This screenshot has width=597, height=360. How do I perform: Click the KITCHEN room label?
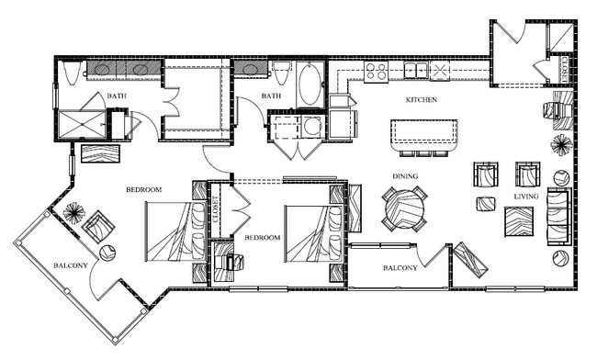(x=422, y=99)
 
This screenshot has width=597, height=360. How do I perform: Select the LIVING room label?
(x=526, y=196)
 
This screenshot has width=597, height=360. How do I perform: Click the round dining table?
(x=405, y=208)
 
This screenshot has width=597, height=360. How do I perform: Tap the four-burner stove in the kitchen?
(x=377, y=72)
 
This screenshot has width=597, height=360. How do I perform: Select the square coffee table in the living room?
(x=518, y=221)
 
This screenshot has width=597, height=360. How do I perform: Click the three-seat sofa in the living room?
(x=558, y=217)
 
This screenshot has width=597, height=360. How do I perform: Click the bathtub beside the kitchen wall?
(x=310, y=84)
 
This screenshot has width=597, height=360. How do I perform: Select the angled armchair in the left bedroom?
(x=97, y=225)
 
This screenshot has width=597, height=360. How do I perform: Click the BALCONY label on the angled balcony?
(x=71, y=266)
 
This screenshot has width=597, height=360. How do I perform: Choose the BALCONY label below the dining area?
(x=400, y=268)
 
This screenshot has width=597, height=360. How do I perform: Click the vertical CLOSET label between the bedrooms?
(x=216, y=211)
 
